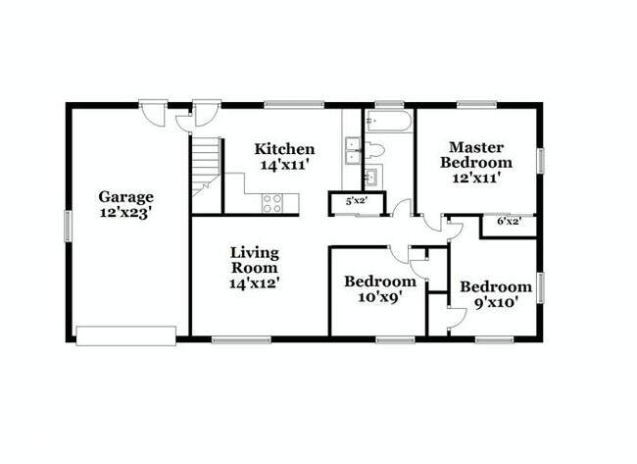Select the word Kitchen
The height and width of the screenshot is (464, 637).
click(284, 149)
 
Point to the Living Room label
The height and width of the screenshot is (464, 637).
click(254, 259)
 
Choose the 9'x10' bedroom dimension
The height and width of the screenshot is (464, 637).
click(496, 303)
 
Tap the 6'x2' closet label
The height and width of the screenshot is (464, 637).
click(508, 222)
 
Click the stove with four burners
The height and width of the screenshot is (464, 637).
click(271, 203)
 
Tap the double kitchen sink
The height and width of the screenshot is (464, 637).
click(353, 153)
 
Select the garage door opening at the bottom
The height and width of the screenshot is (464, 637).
click(126, 336)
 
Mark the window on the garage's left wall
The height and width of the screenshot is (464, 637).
click(68, 225)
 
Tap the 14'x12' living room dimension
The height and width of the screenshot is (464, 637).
click(255, 284)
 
